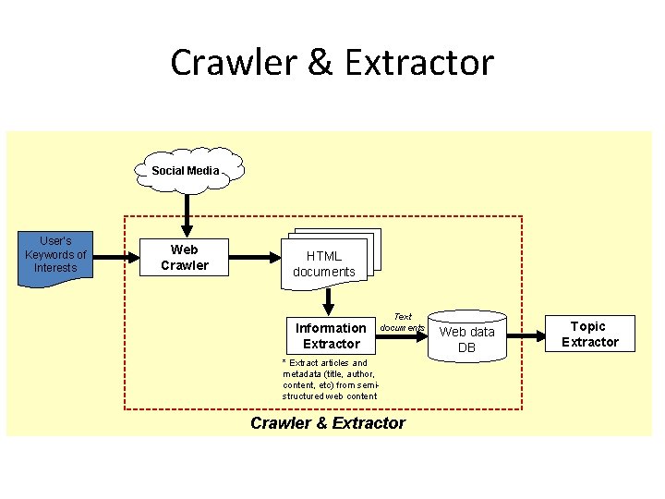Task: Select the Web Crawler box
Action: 185,258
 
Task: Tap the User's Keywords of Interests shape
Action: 55,256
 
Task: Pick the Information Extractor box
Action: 331,335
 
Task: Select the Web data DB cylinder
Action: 466,338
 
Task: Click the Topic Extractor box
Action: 588,334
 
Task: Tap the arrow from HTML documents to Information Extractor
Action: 326,299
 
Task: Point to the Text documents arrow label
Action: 403,323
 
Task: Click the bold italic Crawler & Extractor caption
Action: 328,423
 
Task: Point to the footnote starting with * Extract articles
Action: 331,379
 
